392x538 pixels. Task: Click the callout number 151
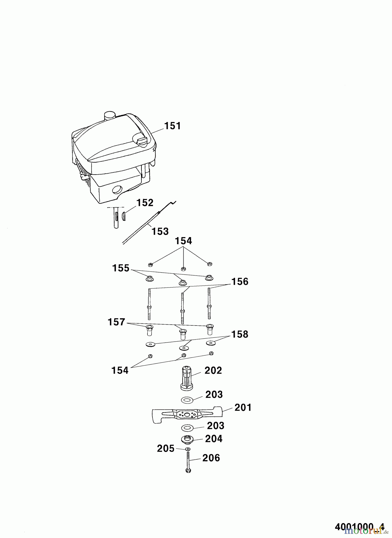[x=173, y=126]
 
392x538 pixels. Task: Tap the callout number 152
[x=145, y=203]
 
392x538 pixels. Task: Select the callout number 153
[x=160, y=231]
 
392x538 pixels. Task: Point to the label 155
[x=121, y=268]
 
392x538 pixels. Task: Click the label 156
[x=240, y=282]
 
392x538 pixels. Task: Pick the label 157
[x=116, y=322]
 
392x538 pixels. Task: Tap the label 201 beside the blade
[x=243, y=407]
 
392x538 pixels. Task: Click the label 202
[x=213, y=370]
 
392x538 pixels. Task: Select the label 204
[x=214, y=439]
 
